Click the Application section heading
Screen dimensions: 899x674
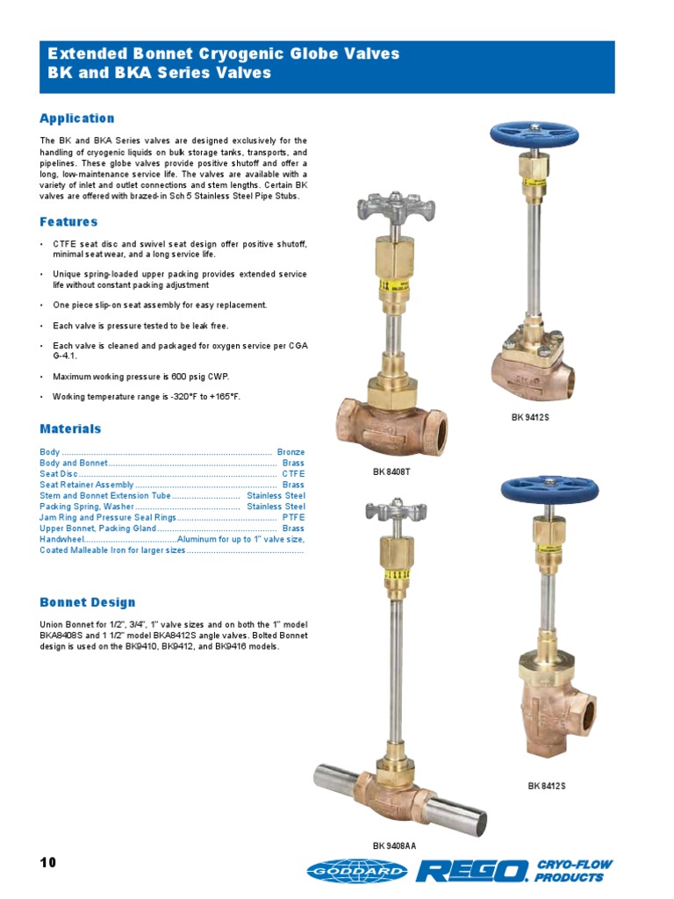pos(77,119)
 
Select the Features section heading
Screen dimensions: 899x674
pos(68,222)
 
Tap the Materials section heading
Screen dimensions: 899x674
pos(70,429)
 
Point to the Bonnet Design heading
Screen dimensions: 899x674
pos(88,602)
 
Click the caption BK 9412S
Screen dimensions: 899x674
pos(530,418)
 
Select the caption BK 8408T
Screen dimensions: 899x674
pos(391,472)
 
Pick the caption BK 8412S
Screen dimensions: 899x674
pos(547,786)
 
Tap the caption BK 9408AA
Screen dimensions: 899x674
pos(395,846)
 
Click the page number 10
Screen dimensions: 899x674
pos(47,863)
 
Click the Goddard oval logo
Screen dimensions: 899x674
pos(357,870)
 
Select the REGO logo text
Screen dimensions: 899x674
pos(472,870)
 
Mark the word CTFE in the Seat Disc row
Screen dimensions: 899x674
pos(293,473)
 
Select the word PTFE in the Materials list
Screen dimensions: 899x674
pos(293,518)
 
